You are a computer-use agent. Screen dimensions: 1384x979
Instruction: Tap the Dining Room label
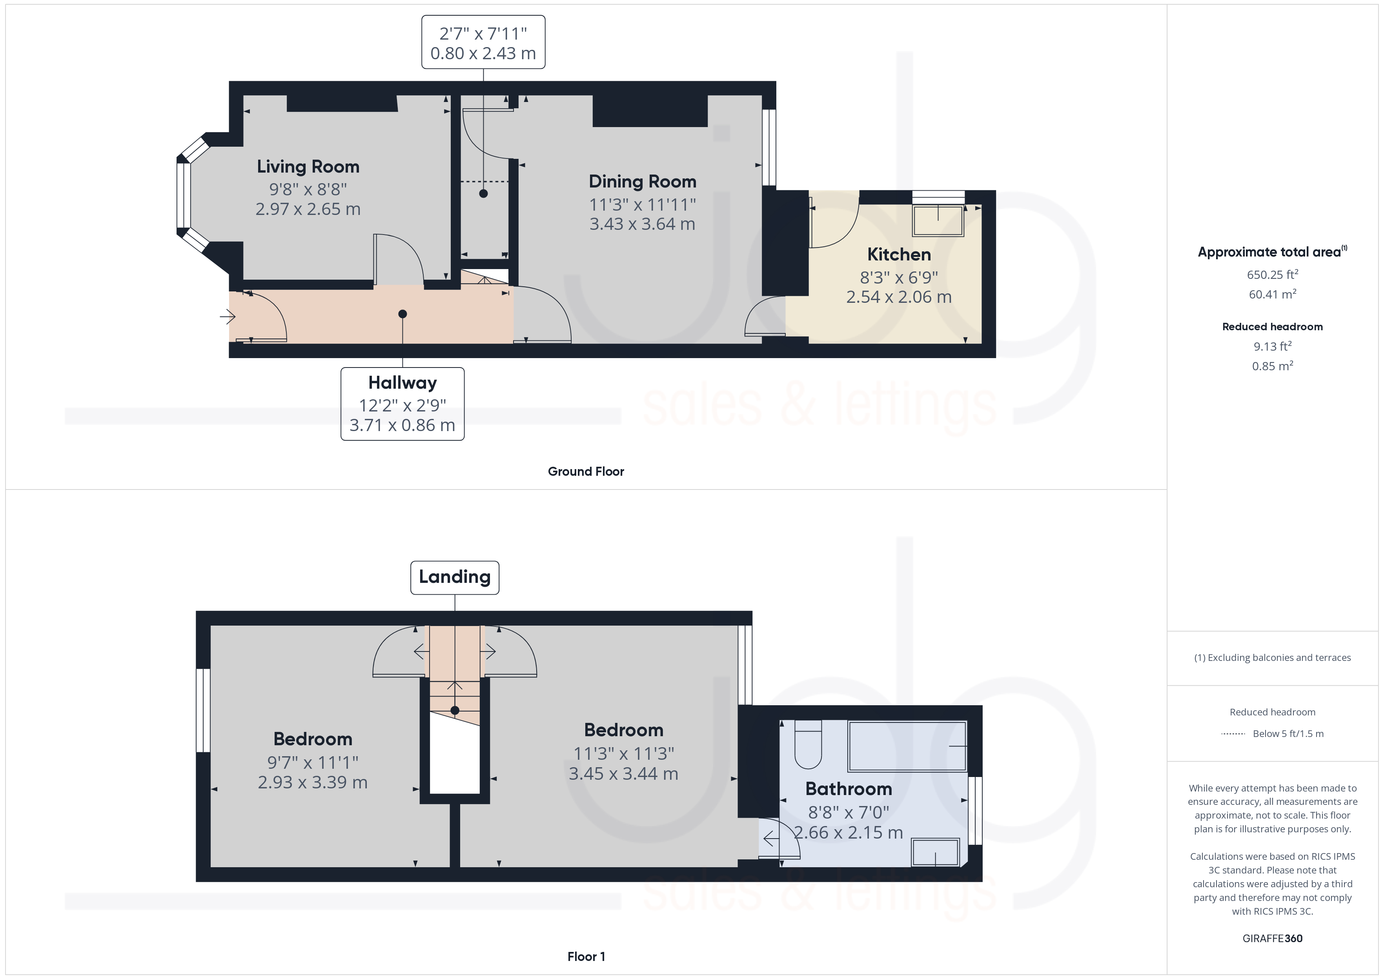click(643, 182)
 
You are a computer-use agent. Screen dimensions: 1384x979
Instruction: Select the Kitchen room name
click(899, 255)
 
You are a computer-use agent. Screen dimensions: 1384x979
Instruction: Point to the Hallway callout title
click(402, 383)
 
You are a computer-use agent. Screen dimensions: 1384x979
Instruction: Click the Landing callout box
click(455, 577)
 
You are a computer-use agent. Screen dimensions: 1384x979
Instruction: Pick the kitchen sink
click(938, 221)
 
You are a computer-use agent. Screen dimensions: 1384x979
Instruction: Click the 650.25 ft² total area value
click(1272, 275)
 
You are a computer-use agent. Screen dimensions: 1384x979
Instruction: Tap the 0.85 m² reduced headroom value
click(1272, 366)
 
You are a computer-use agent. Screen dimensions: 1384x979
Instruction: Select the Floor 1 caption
click(586, 957)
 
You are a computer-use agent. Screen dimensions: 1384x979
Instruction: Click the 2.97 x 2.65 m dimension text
click(308, 209)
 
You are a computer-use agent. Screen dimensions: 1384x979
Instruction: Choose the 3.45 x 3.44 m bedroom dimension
click(623, 773)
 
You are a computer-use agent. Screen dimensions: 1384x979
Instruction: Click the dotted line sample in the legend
click(1233, 733)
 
